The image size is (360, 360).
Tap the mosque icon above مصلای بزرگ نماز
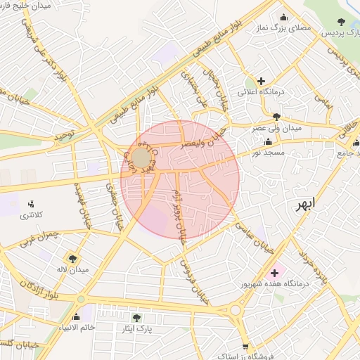coord(283,18)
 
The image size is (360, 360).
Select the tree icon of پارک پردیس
coord(341,22)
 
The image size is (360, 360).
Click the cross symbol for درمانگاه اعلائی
coord(261,81)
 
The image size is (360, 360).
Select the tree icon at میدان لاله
coord(73,258)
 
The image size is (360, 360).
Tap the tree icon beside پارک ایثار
coord(136,318)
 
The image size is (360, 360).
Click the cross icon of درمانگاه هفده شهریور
coord(274,272)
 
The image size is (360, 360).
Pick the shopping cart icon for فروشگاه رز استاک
coord(245,346)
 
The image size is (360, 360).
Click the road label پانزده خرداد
coord(314,267)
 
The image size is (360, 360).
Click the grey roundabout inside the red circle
coord(141,157)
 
